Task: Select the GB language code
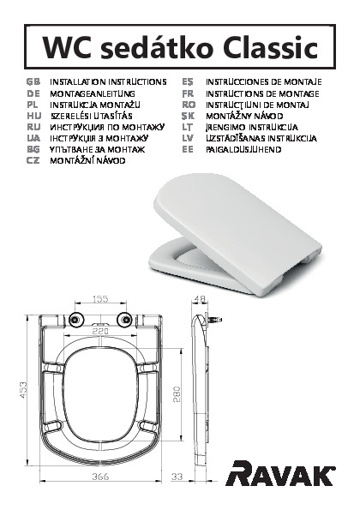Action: [x=33, y=81]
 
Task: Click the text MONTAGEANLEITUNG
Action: [x=93, y=93]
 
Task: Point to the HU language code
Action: [x=33, y=116]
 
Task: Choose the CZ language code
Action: [x=33, y=160]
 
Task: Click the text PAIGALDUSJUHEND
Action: [x=243, y=149]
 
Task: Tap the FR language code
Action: [x=189, y=93]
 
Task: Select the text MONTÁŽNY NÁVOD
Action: [x=244, y=116]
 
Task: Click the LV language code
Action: [x=189, y=138]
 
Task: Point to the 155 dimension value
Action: [x=100, y=298]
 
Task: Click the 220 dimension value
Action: [x=100, y=332]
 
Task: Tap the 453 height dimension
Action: [x=24, y=391]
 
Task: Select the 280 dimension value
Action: [x=177, y=394]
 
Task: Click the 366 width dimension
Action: [x=100, y=477]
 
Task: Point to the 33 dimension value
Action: [x=177, y=477]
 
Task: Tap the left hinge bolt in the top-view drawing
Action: [x=75, y=320]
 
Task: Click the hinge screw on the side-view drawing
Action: [x=214, y=320]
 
